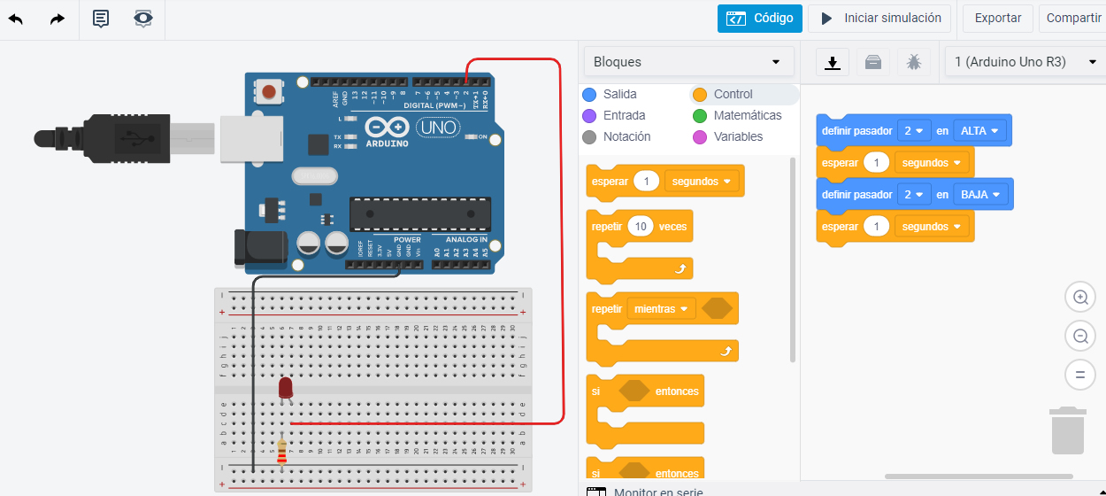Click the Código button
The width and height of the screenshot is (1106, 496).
coord(760,18)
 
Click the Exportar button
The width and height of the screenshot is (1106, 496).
coord(998,18)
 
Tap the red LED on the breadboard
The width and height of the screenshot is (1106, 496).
coord(285,387)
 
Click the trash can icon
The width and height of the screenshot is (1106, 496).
coord(1068,430)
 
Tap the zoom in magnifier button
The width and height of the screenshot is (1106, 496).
coord(1079,298)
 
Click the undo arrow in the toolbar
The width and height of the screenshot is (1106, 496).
coord(16,19)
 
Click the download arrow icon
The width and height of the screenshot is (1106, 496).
coord(832,62)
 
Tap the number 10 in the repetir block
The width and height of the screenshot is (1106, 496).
coord(641,227)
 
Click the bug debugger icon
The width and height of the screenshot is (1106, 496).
coord(914,62)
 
